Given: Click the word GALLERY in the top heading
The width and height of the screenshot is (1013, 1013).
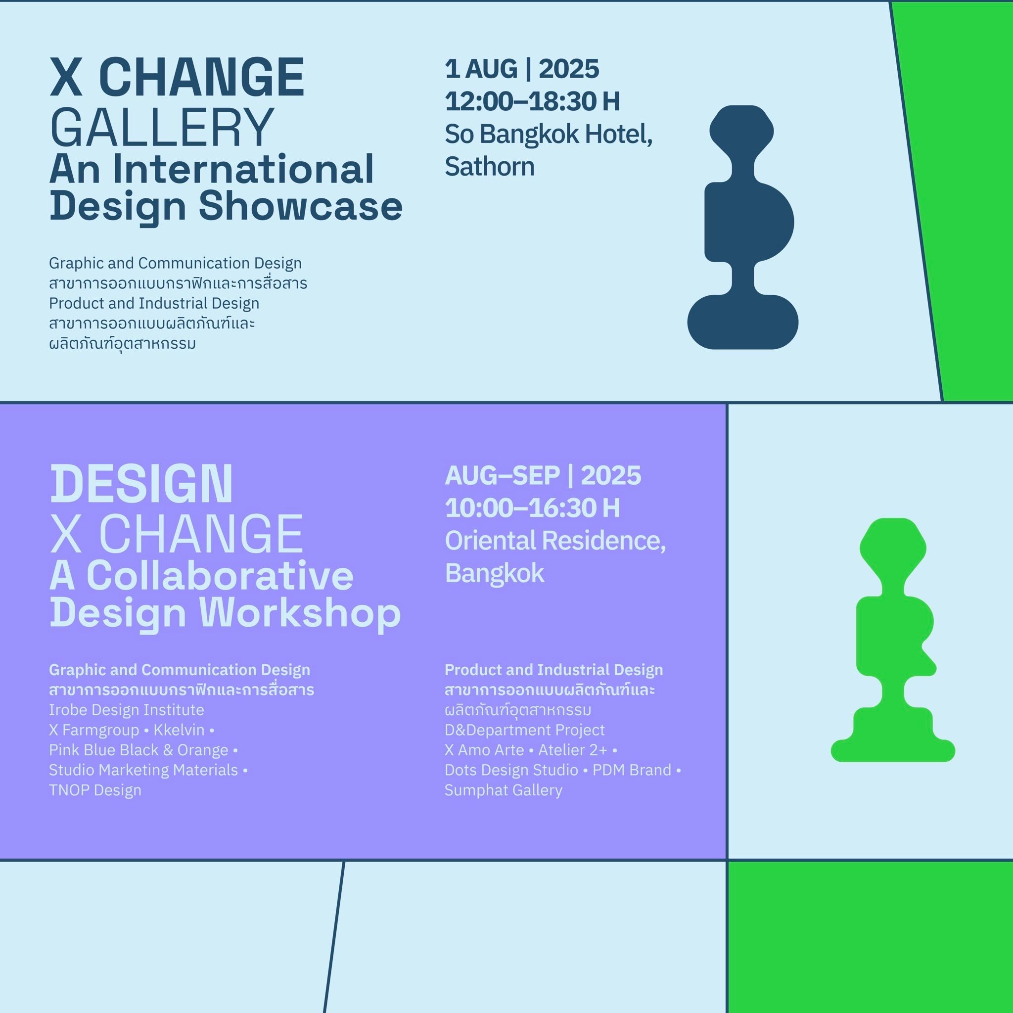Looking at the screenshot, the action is [161, 127].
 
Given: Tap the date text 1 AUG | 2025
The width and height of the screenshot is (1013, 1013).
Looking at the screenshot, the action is [522, 69].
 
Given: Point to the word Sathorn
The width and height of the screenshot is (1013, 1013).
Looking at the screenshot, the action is [490, 167].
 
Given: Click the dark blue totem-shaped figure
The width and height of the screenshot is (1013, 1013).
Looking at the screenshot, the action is [742, 227].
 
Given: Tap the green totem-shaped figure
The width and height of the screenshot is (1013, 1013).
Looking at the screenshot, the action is [893, 640].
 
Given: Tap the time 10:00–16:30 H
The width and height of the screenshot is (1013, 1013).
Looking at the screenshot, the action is [532, 508].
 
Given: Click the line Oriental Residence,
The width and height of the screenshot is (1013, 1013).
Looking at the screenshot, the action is [555, 541].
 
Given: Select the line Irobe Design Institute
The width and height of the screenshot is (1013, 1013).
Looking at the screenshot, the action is [126, 710].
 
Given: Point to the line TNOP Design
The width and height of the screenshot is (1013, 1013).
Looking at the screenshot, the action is [95, 790].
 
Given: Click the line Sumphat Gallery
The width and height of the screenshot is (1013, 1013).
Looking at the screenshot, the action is [504, 790].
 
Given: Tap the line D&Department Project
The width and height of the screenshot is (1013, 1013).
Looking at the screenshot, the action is [524, 730].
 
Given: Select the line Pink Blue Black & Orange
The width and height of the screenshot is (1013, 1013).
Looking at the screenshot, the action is [138, 750].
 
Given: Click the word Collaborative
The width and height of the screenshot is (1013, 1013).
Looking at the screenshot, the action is [220, 576].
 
